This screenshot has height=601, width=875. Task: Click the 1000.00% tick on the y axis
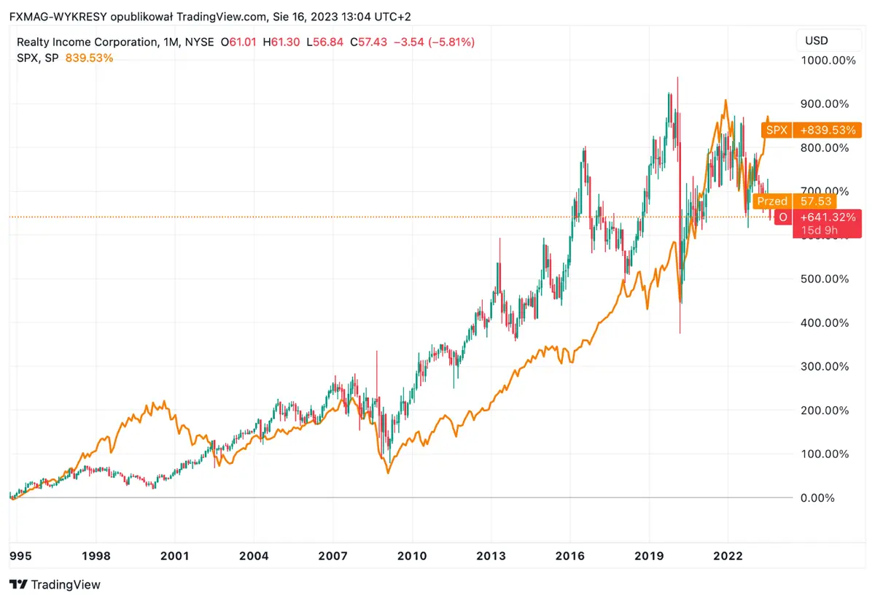(x=828, y=61)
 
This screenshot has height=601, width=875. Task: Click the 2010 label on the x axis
(x=412, y=556)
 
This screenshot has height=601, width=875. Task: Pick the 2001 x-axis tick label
(x=175, y=556)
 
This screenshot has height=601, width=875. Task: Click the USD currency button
(x=816, y=41)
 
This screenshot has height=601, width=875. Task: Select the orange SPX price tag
(x=776, y=131)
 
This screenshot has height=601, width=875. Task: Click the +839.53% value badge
(x=827, y=131)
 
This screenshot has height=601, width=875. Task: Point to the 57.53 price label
(x=813, y=201)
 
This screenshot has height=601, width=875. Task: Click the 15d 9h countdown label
(x=820, y=230)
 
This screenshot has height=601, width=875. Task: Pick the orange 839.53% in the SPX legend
(x=89, y=58)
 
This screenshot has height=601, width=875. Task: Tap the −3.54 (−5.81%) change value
(x=434, y=42)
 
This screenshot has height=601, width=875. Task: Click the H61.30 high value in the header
(x=283, y=42)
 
